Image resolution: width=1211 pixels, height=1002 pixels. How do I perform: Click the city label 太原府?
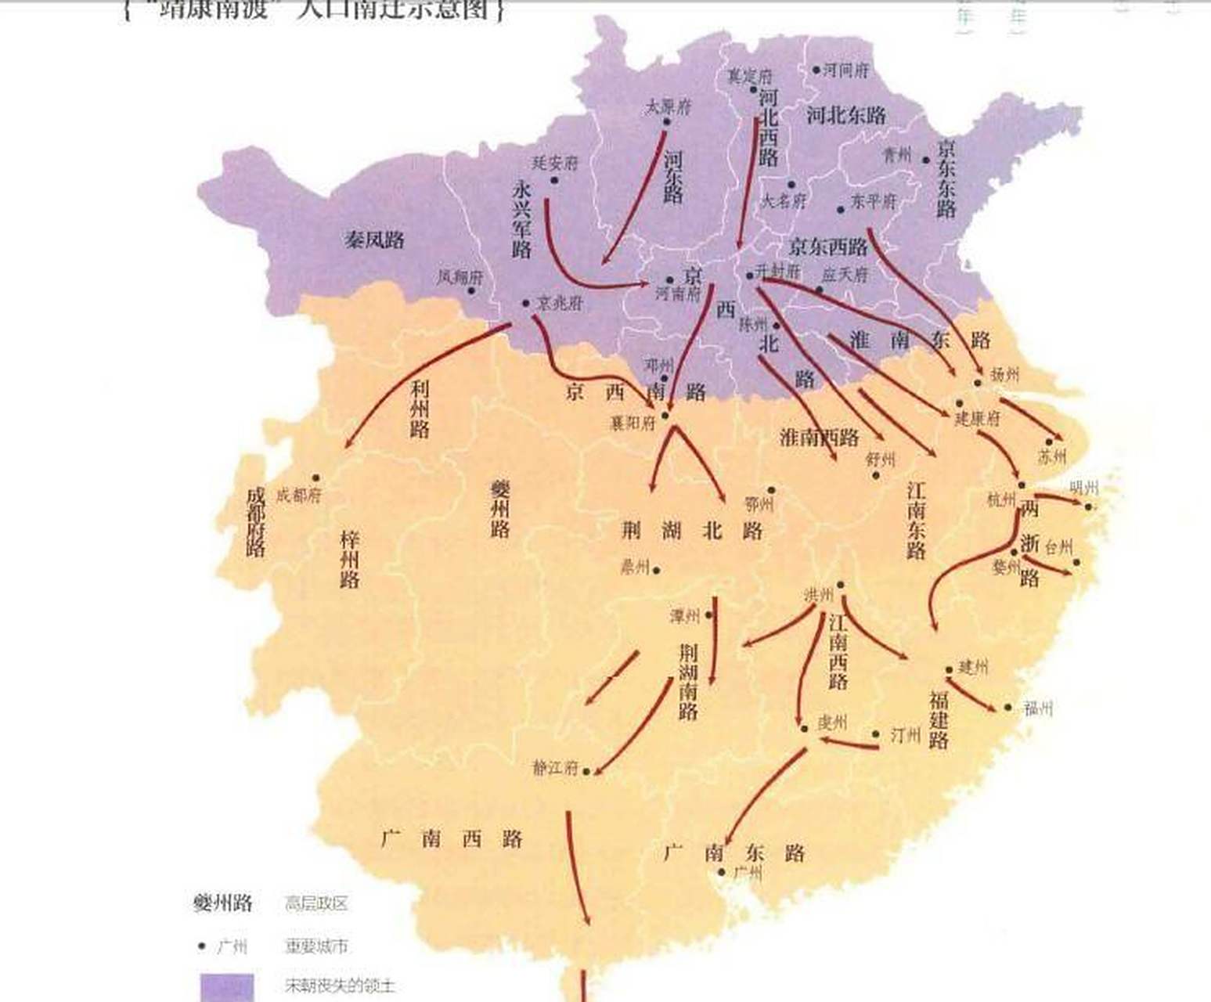coord(668,107)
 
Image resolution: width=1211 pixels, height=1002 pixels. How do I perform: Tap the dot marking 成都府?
coord(316,478)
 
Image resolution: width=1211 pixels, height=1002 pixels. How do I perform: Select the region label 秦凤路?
coord(374,240)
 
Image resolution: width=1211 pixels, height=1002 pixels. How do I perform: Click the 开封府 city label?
coord(779,270)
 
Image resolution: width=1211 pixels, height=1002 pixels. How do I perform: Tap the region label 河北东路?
coord(845,116)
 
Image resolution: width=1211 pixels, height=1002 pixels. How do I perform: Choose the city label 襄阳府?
coord(633,423)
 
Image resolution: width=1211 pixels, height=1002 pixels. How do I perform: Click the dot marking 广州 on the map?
coord(722,871)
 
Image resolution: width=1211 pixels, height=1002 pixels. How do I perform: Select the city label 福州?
coord(1038,708)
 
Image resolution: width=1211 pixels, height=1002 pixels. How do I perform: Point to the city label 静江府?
coord(555,769)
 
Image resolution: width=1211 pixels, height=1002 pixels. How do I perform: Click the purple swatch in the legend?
coord(227,986)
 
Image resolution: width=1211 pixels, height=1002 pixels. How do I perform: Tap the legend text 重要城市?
coord(315,946)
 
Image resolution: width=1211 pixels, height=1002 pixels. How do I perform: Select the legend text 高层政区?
coord(315,904)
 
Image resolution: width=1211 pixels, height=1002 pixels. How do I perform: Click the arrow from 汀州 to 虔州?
coord(849,743)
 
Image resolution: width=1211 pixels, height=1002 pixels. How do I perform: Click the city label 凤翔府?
coord(460,277)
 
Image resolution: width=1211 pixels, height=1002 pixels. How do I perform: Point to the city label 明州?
coord(1083,489)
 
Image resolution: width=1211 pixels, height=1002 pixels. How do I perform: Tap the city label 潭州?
coord(684,617)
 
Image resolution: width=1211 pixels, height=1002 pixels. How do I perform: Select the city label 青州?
coord(897,156)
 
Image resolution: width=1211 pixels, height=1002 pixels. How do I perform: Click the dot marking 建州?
coord(949,670)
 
